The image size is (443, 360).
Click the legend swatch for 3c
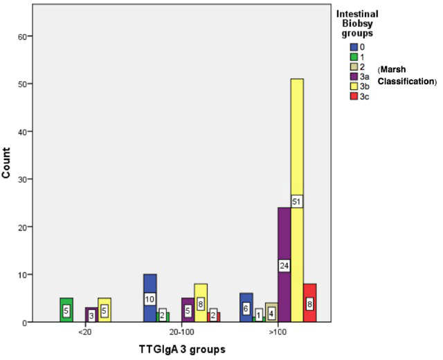coord(354,96)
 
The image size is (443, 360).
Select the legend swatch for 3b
coord(354,86)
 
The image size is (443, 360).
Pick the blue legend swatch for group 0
coord(354,47)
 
